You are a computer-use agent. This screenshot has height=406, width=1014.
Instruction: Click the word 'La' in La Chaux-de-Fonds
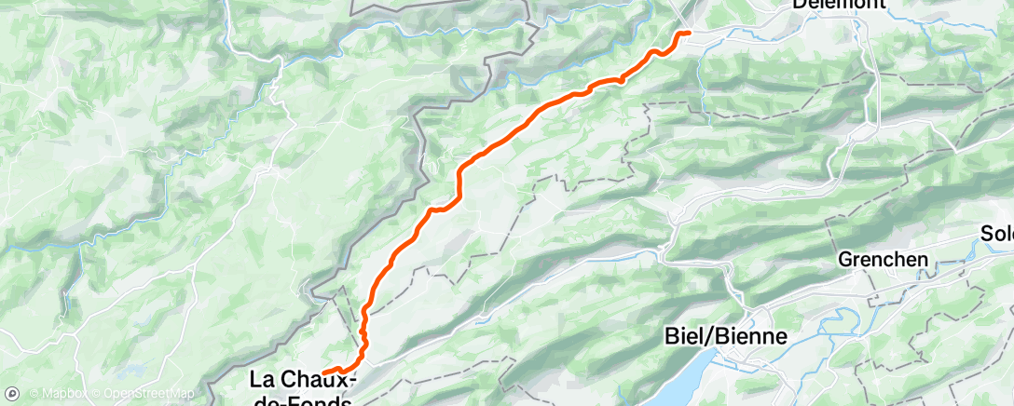click(262, 379)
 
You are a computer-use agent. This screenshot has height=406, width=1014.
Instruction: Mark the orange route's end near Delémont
click(688, 33)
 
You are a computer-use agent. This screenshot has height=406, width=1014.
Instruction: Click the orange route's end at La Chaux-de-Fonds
click(324, 372)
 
